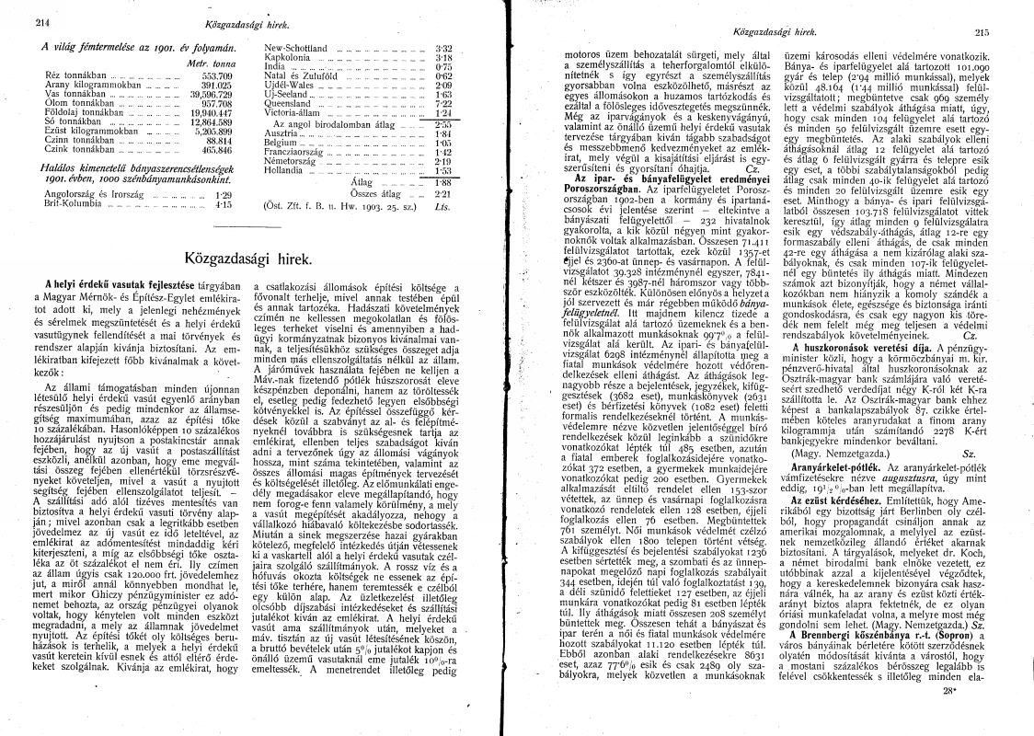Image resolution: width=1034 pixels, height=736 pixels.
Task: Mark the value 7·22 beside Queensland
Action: coord(442,103)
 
